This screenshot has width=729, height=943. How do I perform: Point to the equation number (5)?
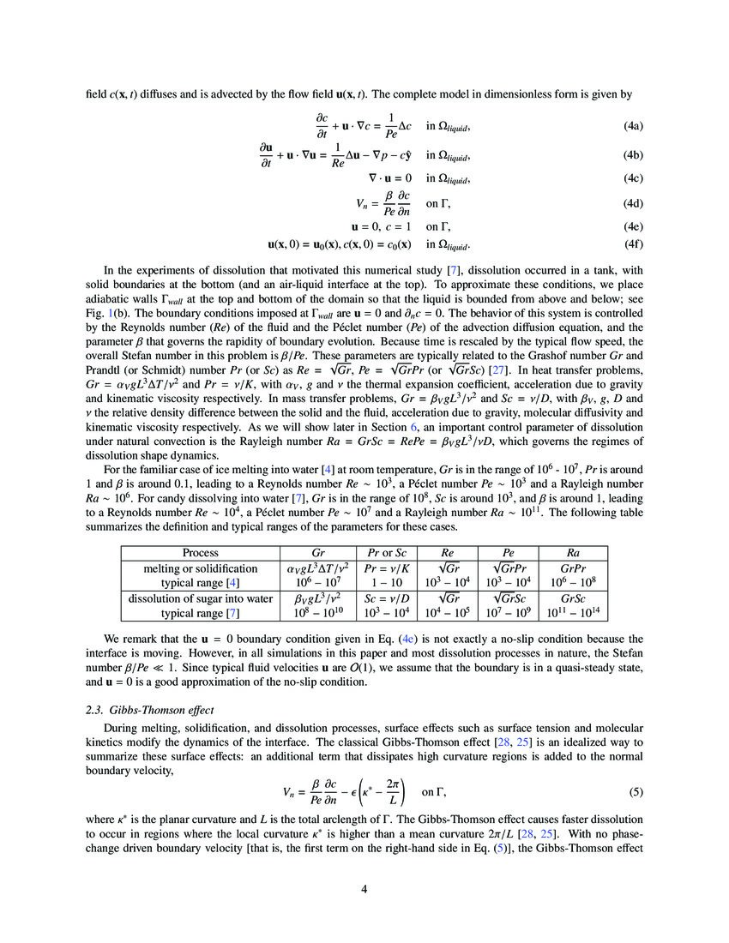[636, 791]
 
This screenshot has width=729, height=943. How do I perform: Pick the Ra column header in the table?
[572, 553]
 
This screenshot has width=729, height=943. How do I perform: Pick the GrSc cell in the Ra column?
[572, 598]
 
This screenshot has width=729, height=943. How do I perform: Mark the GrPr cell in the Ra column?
[572, 568]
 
